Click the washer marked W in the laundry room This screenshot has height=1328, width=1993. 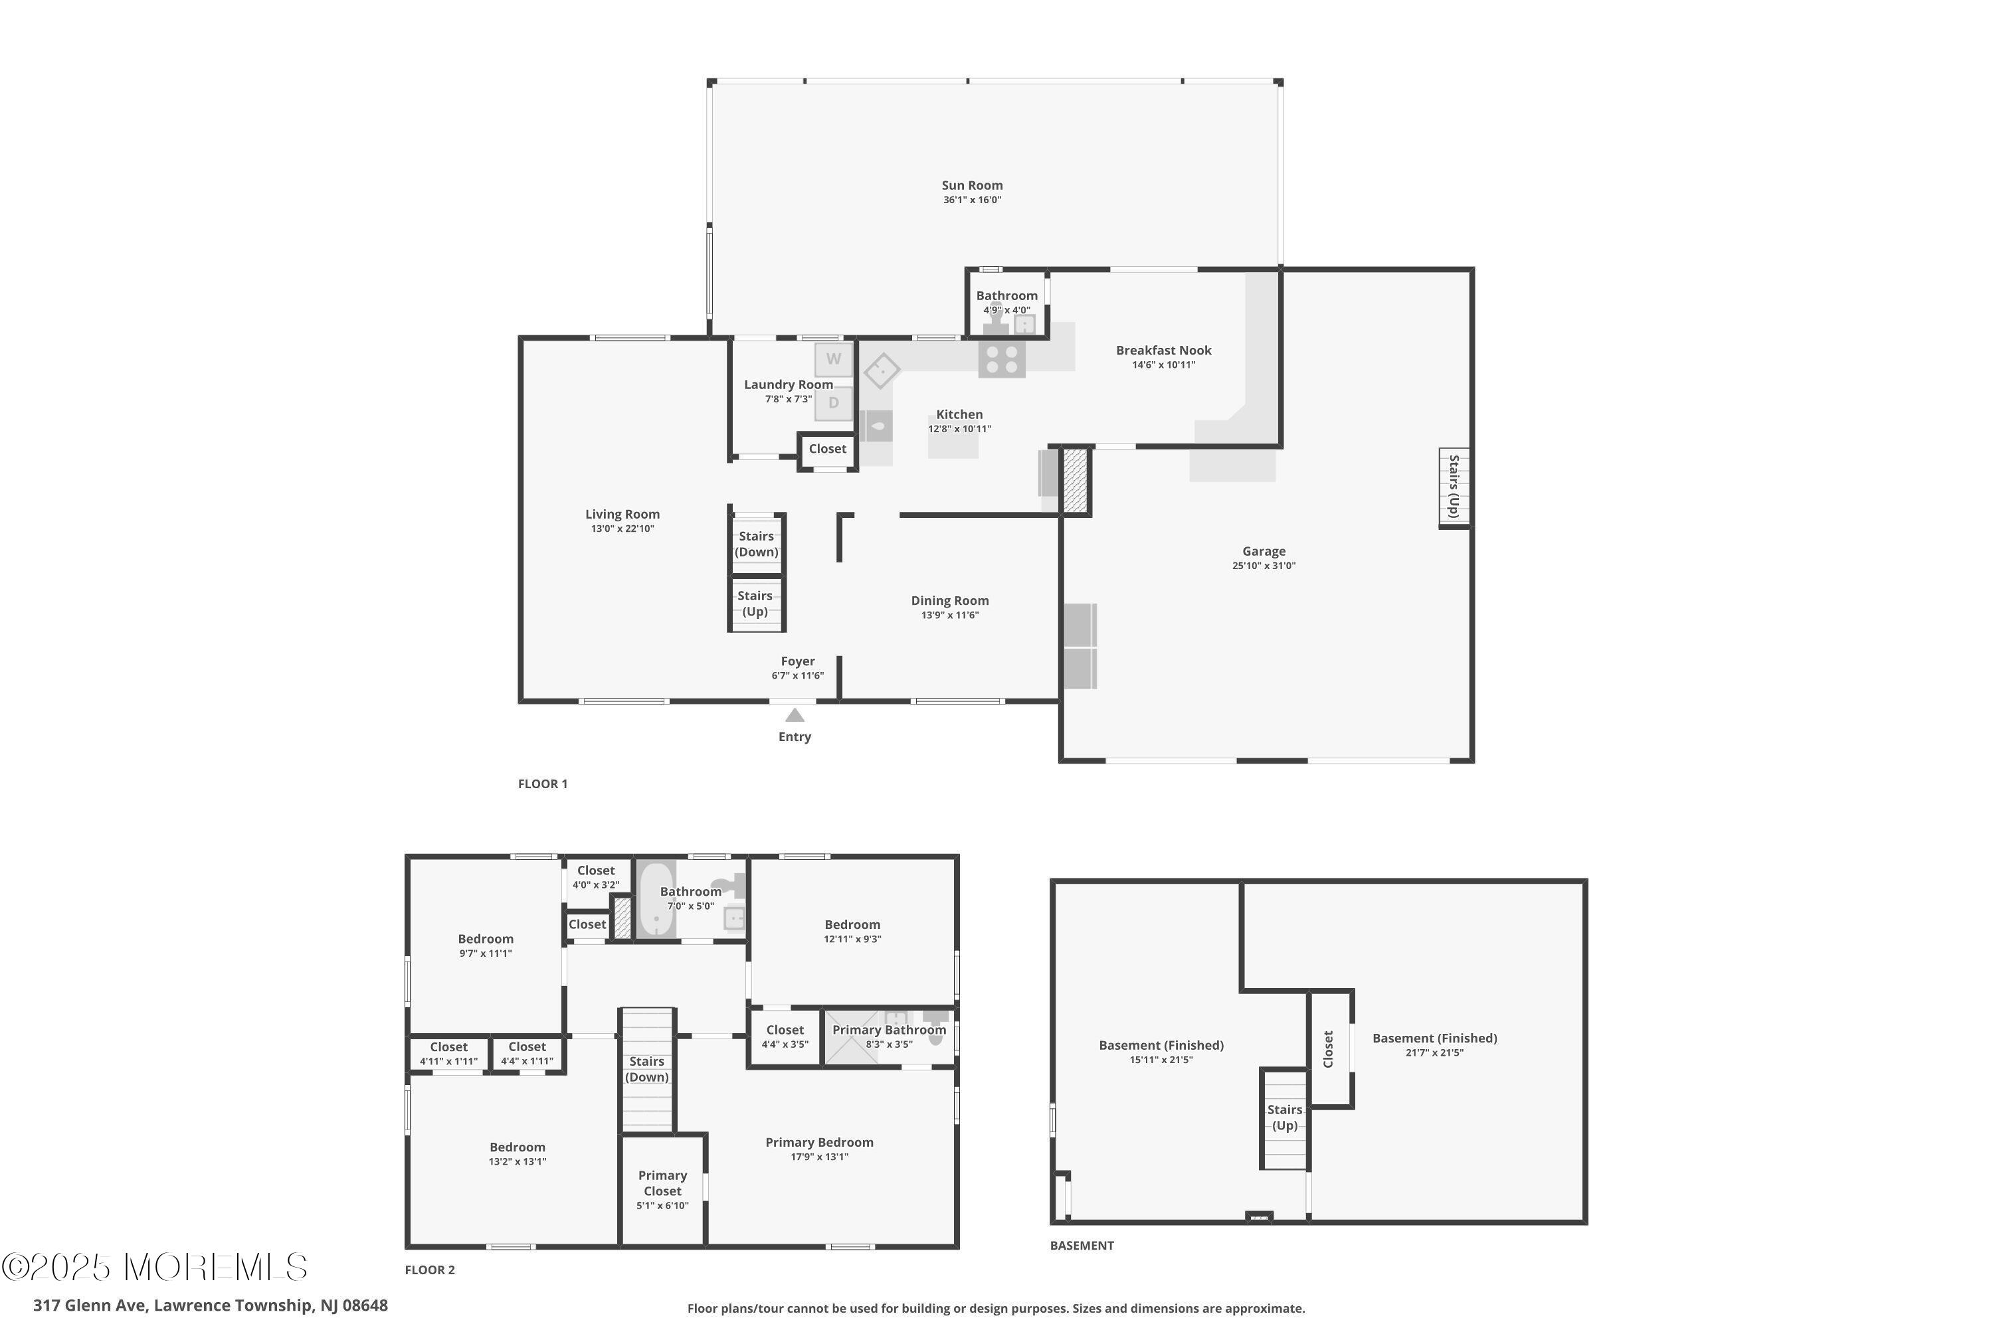pos(834,359)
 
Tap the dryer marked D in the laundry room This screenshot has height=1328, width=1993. pos(834,403)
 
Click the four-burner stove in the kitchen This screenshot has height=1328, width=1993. pos(1002,359)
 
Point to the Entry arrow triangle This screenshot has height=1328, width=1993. pos(795,715)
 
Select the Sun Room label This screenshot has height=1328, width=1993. pos(972,185)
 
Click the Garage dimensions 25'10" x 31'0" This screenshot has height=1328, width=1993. pos(1264,566)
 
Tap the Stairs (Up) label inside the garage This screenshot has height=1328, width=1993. pos(1454,486)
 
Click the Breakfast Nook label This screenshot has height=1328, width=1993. pos(1163,350)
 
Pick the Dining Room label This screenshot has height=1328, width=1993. pos(950,600)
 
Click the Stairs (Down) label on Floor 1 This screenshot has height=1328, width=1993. pos(756,544)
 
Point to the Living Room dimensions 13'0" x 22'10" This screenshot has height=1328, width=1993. pos(623,529)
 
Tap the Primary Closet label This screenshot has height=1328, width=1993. pos(662,1183)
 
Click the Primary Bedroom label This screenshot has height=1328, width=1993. pos(819,1143)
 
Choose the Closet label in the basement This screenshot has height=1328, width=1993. pos(1328,1048)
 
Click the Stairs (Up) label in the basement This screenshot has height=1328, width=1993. pos(1285,1117)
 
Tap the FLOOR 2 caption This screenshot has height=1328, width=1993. pos(430,1270)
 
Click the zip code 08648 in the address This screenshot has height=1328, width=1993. pos(365,1305)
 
